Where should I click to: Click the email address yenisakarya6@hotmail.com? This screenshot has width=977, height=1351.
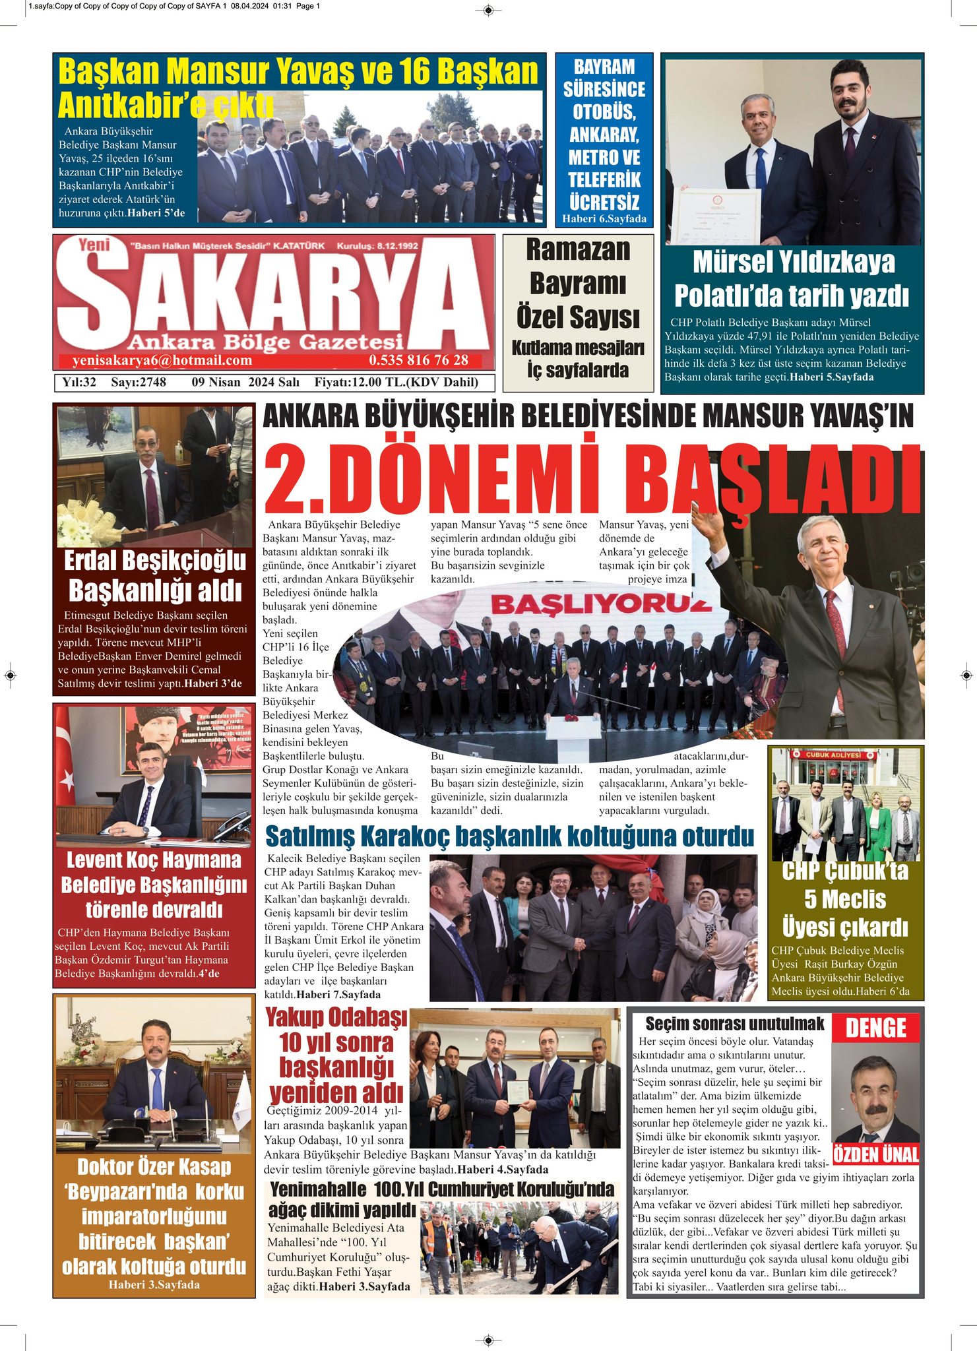(x=162, y=360)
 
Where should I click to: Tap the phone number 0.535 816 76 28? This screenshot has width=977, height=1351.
(x=418, y=360)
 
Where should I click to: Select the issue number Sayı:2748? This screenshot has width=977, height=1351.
(x=139, y=382)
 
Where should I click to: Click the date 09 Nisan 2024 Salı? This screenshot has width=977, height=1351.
(x=245, y=382)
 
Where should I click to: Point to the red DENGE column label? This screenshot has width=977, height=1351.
(x=875, y=1028)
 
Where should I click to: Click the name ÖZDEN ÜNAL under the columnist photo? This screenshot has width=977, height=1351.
(x=876, y=1154)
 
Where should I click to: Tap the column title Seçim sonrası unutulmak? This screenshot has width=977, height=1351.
(x=734, y=1024)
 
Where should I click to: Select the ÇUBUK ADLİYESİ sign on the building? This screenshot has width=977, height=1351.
(x=834, y=755)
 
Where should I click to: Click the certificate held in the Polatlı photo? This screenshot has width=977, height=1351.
(x=715, y=216)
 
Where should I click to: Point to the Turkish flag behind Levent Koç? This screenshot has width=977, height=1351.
(x=65, y=765)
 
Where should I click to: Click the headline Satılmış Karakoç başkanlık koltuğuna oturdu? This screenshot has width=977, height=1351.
(x=509, y=836)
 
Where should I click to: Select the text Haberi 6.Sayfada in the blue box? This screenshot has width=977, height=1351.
(x=604, y=219)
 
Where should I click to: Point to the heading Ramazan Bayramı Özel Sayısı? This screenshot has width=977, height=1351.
(x=578, y=284)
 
